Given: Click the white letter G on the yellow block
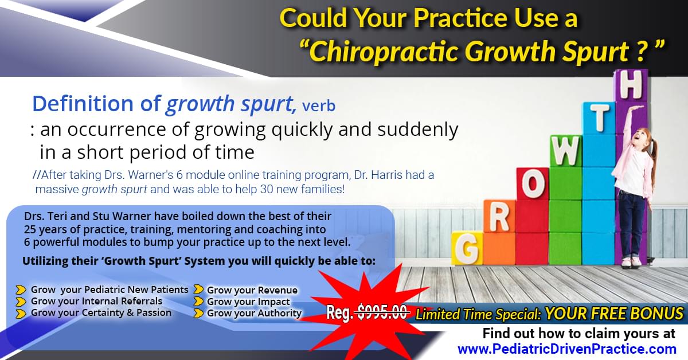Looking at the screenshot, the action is click(466, 249).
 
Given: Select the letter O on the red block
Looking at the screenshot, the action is click(533, 184).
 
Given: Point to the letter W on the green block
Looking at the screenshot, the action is click(565, 151).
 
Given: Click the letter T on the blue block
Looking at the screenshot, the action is click(600, 118).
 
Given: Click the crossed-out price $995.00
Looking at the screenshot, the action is click(382, 313).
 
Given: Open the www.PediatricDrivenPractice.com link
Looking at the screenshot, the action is click(566, 349).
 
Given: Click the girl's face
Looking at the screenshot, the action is click(641, 136).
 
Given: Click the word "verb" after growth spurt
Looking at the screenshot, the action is click(319, 106).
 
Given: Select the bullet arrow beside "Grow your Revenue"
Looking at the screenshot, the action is click(199, 289).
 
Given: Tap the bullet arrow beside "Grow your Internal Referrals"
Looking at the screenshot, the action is click(21, 302).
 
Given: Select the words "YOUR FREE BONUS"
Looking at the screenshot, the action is click(614, 314).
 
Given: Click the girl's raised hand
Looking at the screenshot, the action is click(636, 108).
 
